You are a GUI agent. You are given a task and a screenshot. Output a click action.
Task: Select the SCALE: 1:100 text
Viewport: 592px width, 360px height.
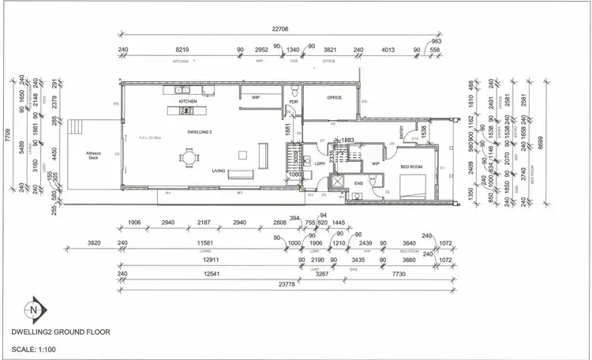pos(39,349)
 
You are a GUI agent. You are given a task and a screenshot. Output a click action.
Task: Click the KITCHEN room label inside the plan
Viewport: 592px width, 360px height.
pos(187,102)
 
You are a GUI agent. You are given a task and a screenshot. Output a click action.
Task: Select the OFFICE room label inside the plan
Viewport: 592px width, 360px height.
pos(333,97)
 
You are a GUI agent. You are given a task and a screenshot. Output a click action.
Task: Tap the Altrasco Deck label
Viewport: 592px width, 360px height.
pos(95,155)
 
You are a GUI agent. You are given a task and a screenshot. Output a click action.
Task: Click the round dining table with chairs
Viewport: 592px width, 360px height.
pos(189,157)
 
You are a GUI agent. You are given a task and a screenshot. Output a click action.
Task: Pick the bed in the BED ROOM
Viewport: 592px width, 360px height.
pos(413,186)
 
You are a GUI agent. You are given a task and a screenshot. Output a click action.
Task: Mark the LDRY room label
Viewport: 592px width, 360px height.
pos(320,163)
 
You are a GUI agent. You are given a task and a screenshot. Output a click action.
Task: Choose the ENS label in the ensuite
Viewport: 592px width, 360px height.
pos(358,183)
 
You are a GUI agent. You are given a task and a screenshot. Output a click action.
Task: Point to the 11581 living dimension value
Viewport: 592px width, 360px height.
pos(207,242)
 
